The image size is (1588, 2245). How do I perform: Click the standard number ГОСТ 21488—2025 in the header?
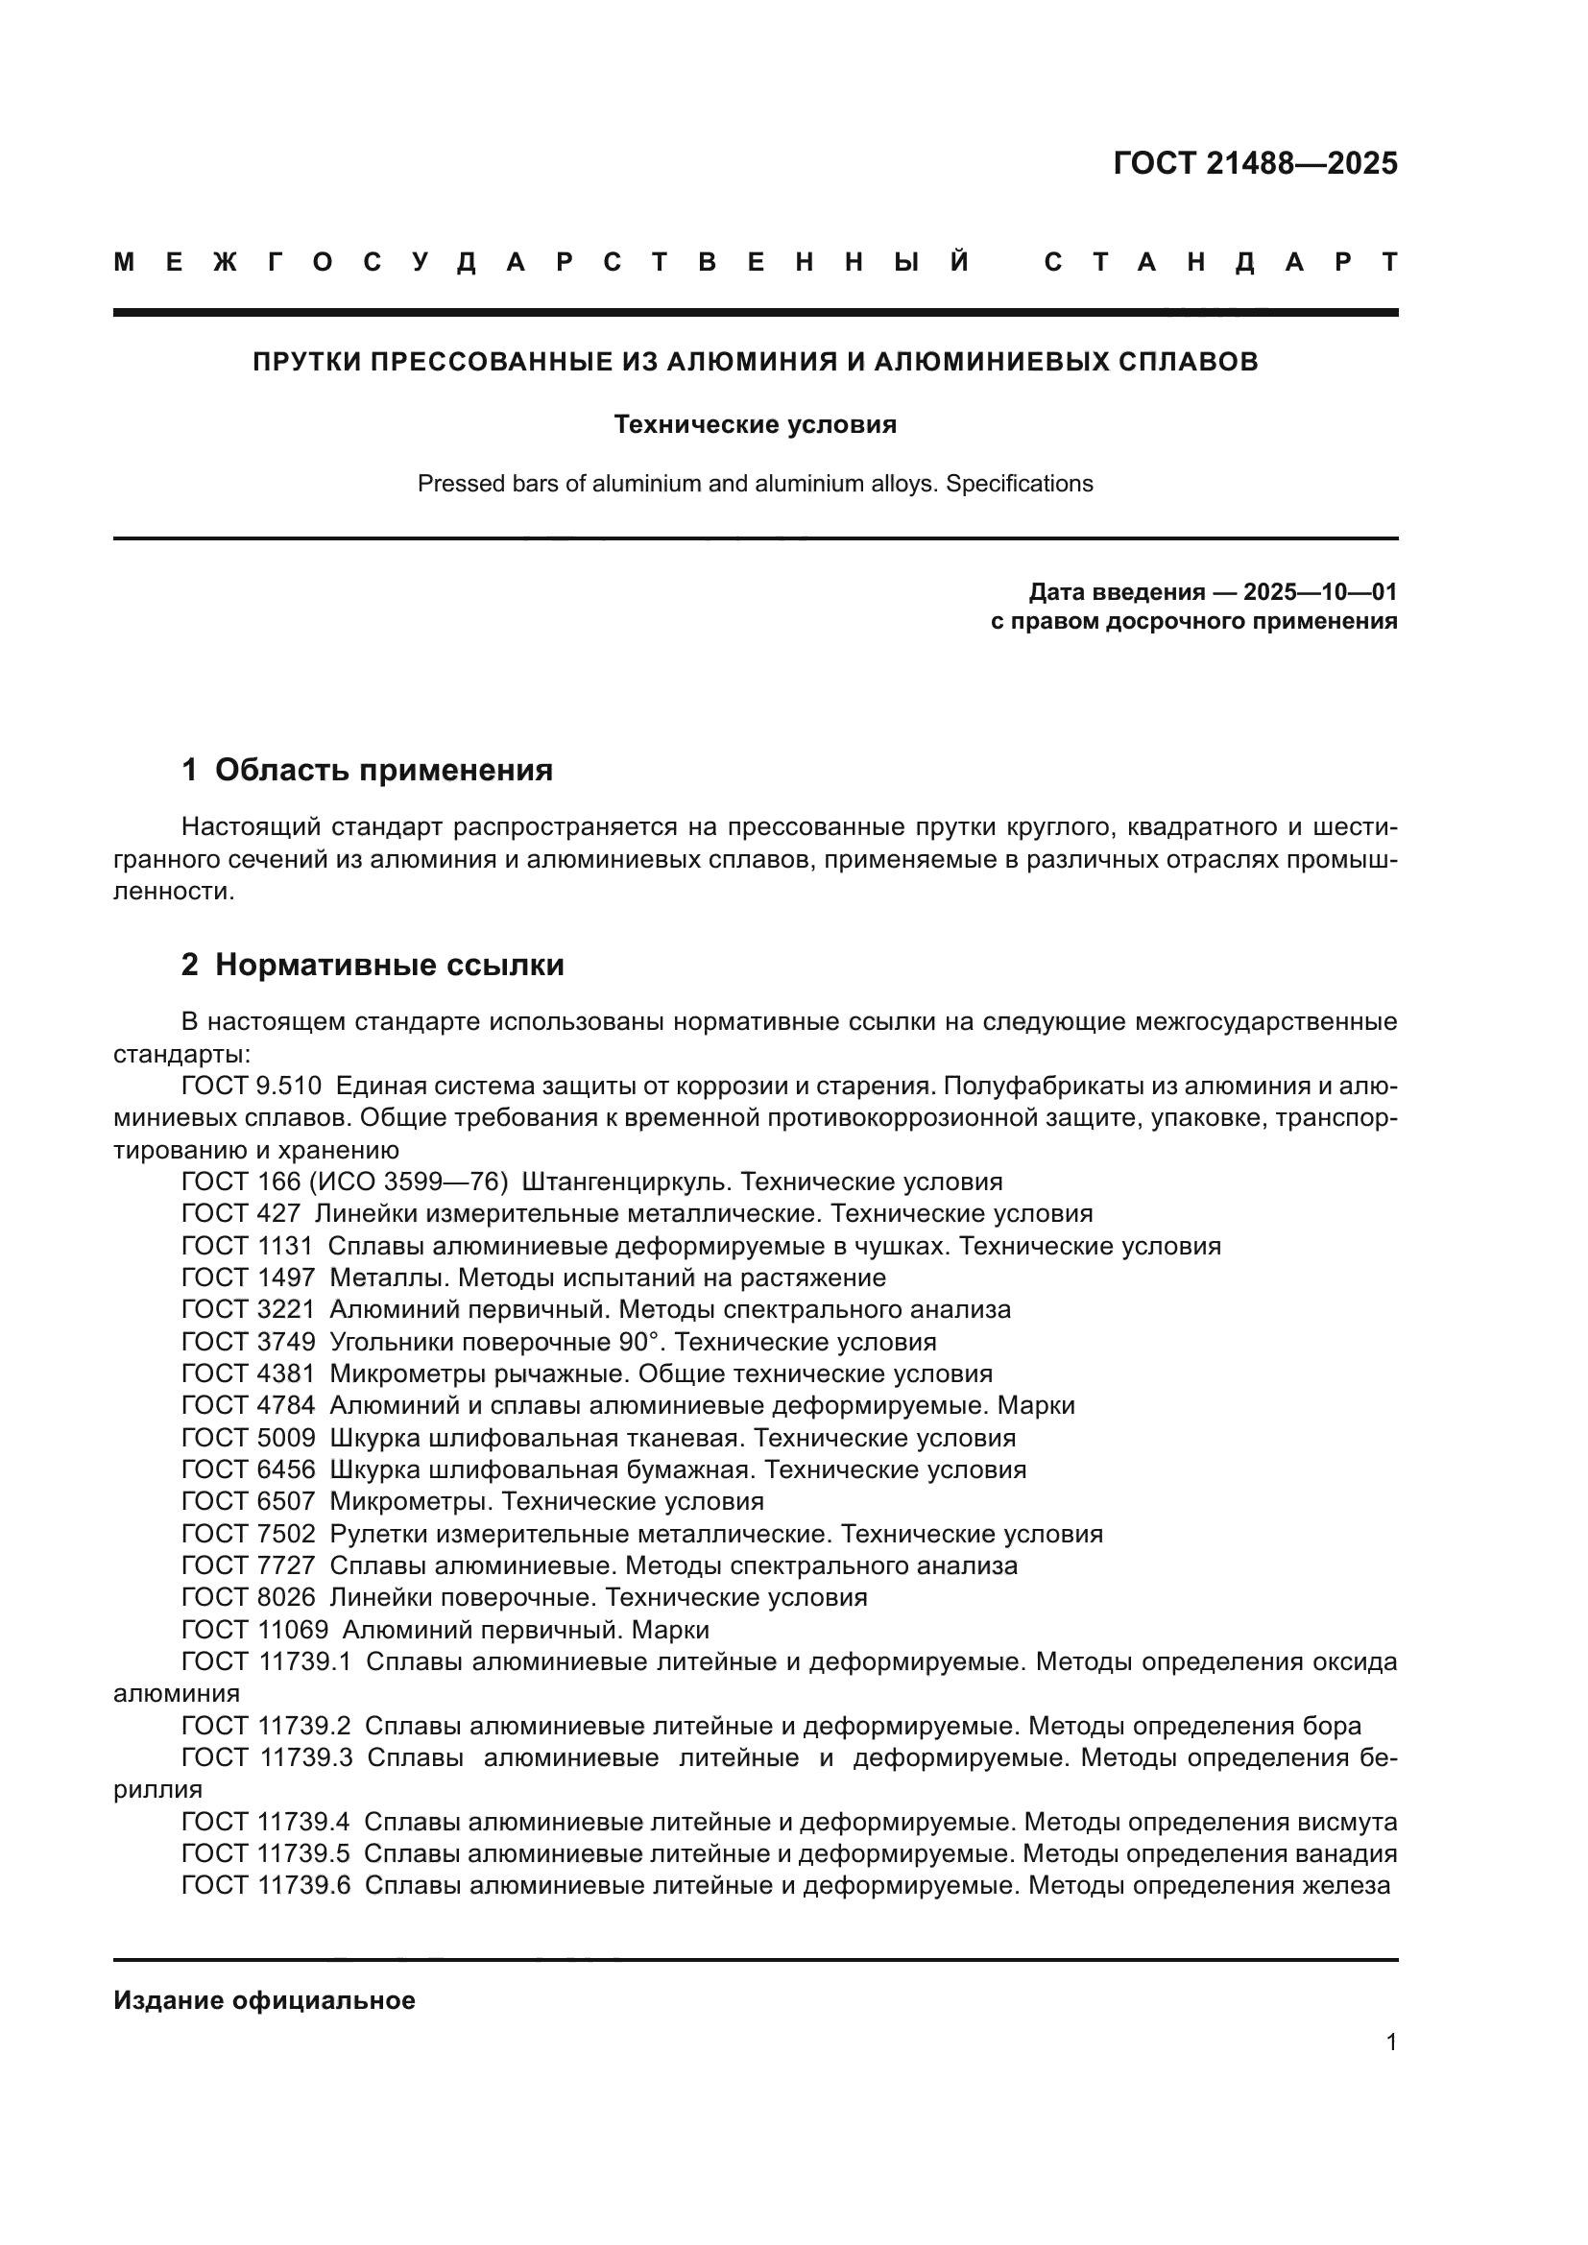1255,163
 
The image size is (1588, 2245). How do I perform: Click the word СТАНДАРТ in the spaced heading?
1220,262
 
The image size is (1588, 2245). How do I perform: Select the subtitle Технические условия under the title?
755,424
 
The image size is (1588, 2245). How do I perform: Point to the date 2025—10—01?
1320,591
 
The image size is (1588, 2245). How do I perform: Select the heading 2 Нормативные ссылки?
373,964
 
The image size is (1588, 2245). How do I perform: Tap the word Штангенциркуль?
627,1182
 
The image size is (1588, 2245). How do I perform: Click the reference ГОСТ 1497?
249,1277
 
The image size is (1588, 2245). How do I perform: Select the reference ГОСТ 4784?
249,1405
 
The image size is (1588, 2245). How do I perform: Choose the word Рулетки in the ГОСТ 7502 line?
376,1533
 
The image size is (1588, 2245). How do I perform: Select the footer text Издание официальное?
264,1999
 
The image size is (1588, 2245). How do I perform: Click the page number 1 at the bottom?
1391,2042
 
